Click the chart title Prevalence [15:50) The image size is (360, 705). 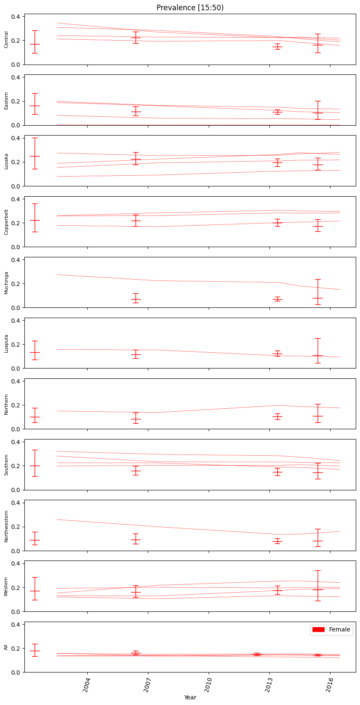[x=190, y=8]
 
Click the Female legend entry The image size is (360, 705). [x=331, y=629]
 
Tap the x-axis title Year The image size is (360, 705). [x=190, y=697]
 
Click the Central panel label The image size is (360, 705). [x=6, y=39]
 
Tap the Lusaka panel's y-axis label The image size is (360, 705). [x=6, y=161]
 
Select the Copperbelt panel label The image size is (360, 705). [x=6, y=221]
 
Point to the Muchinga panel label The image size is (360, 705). [x=6, y=283]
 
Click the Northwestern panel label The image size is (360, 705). [x=6, y=526]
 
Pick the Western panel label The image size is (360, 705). [x=6, y=587]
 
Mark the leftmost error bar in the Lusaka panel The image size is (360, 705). [x=35, y=156]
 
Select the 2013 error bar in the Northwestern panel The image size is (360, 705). [x=277, y=541]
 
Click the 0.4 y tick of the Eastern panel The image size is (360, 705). [x=17, y=77]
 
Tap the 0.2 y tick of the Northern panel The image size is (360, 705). [x=17, y=405]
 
